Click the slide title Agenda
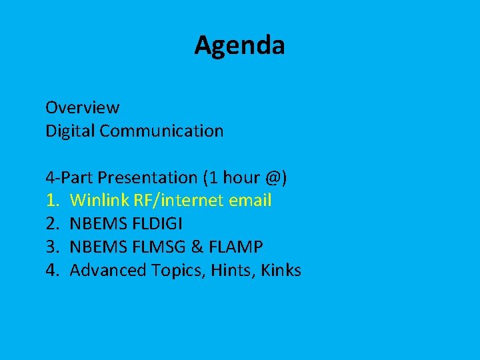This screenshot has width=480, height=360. pos(239,45)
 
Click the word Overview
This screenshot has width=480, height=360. pos(82,107)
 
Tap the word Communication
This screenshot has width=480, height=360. pos(161,131)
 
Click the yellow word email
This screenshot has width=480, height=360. pos(250,201)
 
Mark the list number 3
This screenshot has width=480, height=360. pos(51,247)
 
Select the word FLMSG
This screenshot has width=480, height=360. pos(157,247)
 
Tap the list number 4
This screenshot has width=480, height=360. pos(51,271)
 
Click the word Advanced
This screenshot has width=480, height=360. pos(101,271)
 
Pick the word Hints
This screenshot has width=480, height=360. pos(233,271)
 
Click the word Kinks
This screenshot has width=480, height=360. pos(281,271)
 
